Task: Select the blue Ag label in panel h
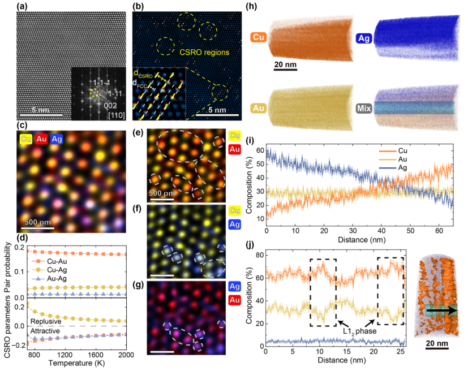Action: [363, 38]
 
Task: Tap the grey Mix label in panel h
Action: [363, 105]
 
